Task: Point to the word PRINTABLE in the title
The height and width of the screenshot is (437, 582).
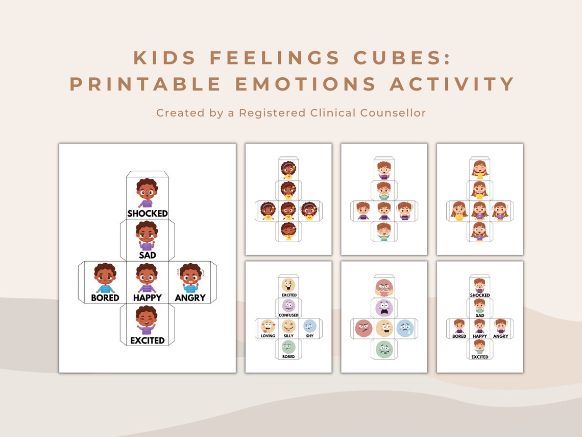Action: [x=145, y=84]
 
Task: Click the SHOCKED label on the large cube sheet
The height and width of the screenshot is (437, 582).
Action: [x=148, y=213]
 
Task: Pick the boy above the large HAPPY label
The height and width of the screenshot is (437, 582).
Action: [x=147, y=278]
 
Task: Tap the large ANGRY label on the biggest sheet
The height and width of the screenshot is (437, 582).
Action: [x=190, y=297]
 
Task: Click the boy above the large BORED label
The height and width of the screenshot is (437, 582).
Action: [x=105, y=278]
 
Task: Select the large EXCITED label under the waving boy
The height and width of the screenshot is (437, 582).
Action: [x=147, y=340]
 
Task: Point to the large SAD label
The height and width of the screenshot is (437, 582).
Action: [x=147, y=255]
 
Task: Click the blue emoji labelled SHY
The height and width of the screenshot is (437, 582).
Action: [x=309, y=326]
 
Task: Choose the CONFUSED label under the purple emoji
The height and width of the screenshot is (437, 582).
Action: [x=288, y=315]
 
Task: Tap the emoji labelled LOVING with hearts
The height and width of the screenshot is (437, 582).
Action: [x=268, y=326]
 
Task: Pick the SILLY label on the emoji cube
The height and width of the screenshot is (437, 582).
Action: [x=288, y=336]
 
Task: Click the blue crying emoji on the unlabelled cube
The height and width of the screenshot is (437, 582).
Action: [x=405, y=328]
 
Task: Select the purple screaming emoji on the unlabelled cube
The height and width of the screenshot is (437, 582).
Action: [x=384, y=308]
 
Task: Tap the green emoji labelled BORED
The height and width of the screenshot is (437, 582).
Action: [x=288, y=347]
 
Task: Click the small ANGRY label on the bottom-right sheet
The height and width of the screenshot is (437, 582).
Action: [x=501, y=336]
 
